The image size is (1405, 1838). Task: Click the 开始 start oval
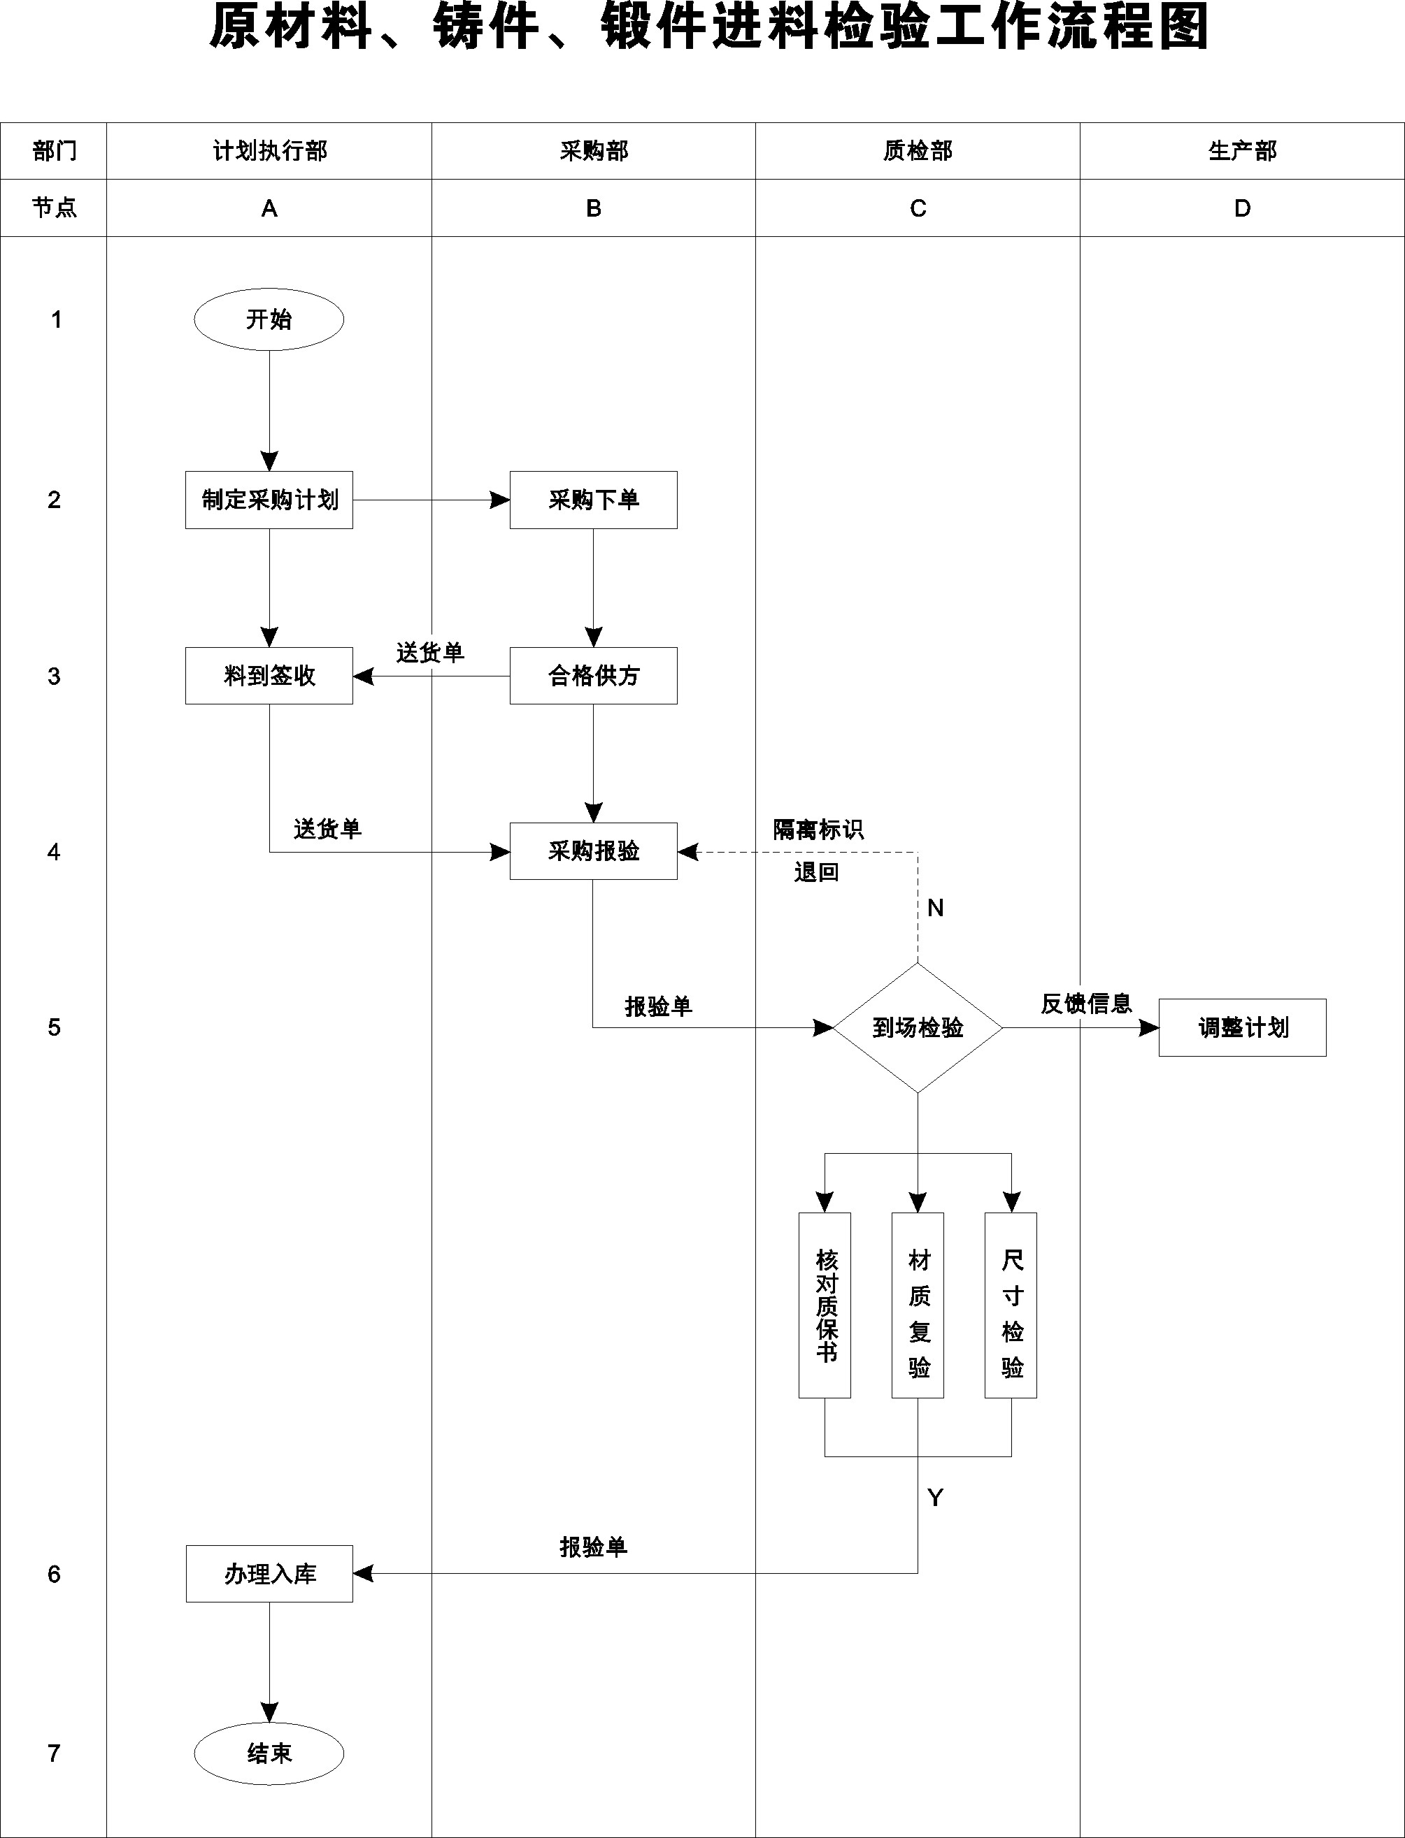pyautogui.click(x=269, y=319)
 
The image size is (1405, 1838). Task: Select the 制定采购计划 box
pyautogui.click(x=269, y=500)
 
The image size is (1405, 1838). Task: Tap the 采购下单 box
pyautogui.click(x=594, y=500)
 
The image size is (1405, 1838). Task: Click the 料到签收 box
pyautogui.click(x=269, y=675)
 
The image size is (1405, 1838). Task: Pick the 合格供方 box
pyautogui.click(x=594, y=675)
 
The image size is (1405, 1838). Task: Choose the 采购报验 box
pyautogui.click(x=594, y=851)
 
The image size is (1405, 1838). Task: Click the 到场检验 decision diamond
pyautogui.click(x=918, y=1027)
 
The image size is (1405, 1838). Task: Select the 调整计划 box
pyautogui.click(x=1243, y=1027)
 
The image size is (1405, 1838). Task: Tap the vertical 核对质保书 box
pyautogui.click(x=825, y=1305)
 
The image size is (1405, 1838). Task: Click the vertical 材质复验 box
pyautogui.click(x=918, y=1305)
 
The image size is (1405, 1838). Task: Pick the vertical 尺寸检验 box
pyautogui.click(x=1011, y=1305)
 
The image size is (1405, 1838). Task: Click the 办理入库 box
pyautogui.click(x=269, y=1573)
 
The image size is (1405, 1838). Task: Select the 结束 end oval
pyautogui.click(x=269, y=1753)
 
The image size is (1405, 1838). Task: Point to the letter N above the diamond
pyautogui.click(x=936, y=908)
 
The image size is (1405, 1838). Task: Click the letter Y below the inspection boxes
pyautogui.click(x=936, y=1498)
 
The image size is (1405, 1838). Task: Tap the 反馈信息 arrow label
pyautogui.click(x=1086, y=1003)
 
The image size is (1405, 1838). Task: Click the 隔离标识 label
pyautogui.click(x=818, y=829)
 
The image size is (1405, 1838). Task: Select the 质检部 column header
pyautogui.click(x=918, y=150)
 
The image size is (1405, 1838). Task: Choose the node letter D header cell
pyautogui.click(x=1243, y=208)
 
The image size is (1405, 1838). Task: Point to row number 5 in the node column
pyautogui.click(x=55, y=1027)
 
